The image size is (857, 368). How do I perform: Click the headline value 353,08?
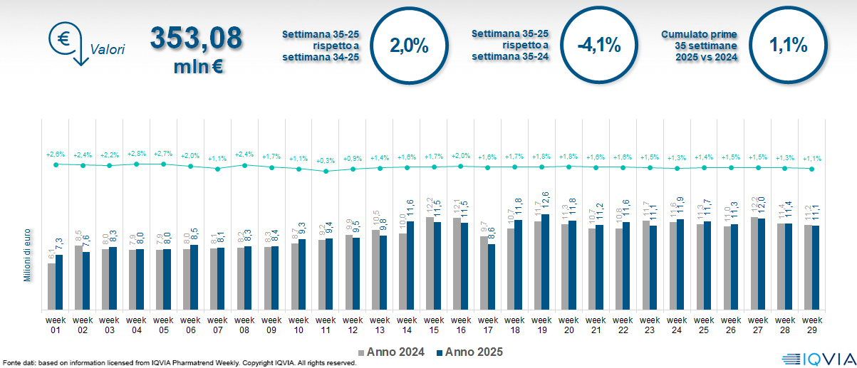196,39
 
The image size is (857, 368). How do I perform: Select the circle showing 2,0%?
409,47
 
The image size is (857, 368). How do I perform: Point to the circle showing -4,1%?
599,47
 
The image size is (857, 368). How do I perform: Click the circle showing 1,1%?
788,47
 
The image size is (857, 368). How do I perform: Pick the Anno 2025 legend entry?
469,352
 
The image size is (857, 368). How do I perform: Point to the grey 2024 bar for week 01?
51,286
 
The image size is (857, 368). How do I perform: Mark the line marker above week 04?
136,164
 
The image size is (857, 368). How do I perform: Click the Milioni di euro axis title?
27,255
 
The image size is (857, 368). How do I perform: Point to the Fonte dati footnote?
178,363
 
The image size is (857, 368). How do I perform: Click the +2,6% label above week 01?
56,154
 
